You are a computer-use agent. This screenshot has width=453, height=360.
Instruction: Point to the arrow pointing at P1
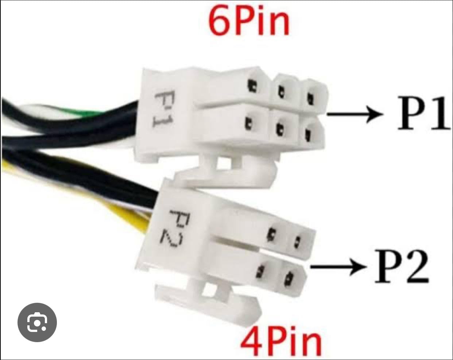[x=354, y=114]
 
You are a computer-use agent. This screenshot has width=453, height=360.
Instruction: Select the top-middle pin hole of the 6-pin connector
[x=281, y=91]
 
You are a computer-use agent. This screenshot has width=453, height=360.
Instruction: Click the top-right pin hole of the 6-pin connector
[x=310, y=97]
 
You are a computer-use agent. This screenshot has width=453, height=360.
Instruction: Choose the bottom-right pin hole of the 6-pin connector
[x=307, y=136]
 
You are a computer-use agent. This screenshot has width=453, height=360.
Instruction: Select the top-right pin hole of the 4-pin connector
[x=297, y=240]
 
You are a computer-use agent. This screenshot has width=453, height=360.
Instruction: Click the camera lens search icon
[x=37, y=322]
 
